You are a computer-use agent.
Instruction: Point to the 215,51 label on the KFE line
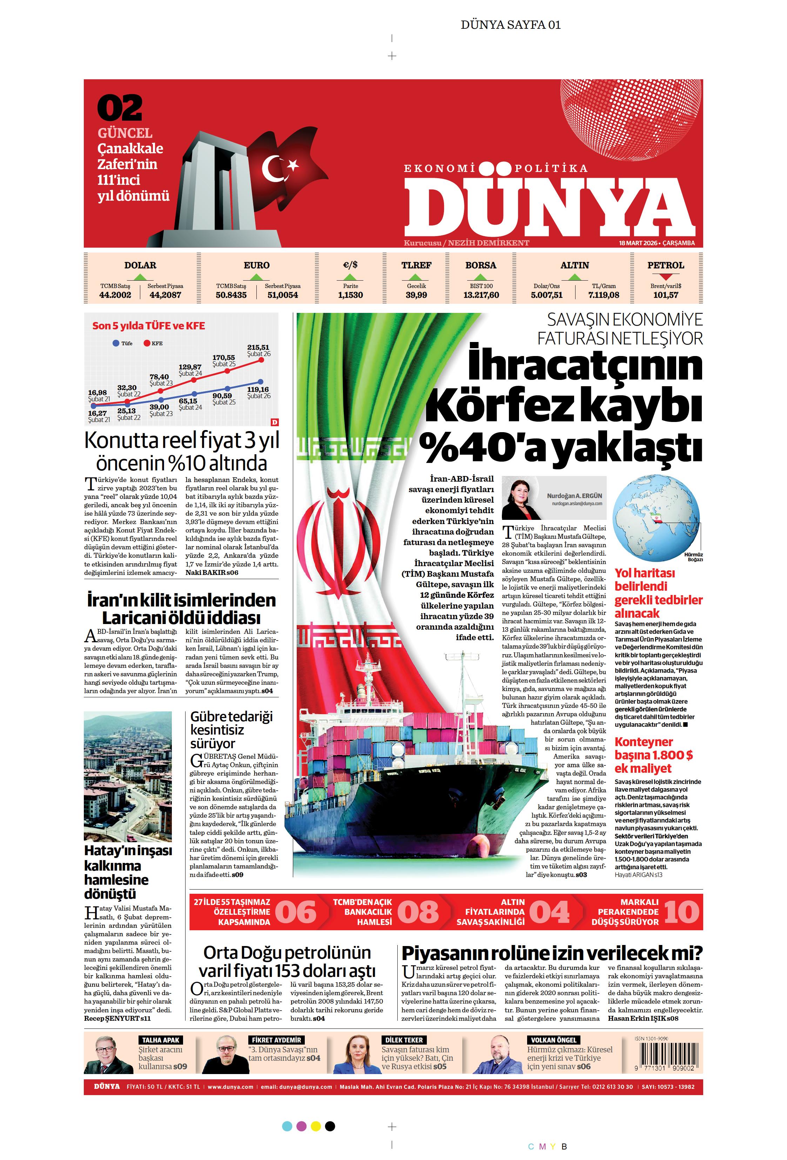tap(258, 347)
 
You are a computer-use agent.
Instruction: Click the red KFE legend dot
tap(147, 343)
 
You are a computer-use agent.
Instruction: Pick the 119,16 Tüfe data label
tap(258, 389)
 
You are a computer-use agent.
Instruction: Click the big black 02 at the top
tap(120, 108)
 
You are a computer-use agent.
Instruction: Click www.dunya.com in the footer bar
tap(230, 1087)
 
